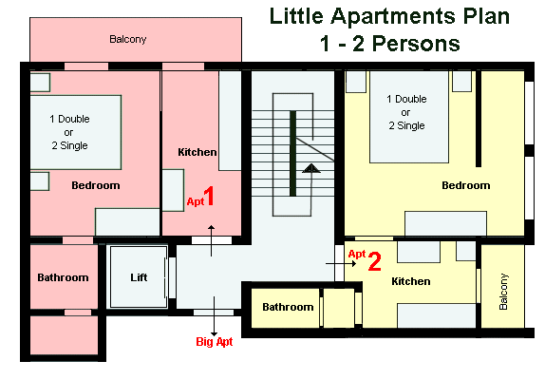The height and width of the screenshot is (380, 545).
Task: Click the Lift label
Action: coord(139,277)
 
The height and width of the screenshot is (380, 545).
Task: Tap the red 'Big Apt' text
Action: coord(215,341)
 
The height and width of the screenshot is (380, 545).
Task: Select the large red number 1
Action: coord(209,196)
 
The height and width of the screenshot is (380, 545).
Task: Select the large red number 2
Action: coord(375,261)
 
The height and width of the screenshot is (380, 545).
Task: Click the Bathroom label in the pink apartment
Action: coord(63,277)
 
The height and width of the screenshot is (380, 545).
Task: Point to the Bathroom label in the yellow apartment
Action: coord(288,307)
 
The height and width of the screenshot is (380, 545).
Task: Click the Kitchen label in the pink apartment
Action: coord(197,152)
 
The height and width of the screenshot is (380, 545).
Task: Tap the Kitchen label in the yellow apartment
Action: coord(411,281)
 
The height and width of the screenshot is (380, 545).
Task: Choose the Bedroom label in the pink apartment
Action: coord(96,185)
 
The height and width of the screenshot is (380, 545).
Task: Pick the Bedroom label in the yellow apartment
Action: coord(466,185)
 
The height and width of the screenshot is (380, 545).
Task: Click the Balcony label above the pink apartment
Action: coord(128,39)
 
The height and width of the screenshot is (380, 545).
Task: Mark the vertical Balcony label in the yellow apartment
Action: coord(503,292)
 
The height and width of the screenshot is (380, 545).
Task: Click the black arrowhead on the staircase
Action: coord(311,168)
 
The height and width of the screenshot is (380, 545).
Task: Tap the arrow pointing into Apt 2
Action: coord(341,263)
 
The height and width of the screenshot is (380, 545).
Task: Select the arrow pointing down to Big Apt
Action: coord(215,316)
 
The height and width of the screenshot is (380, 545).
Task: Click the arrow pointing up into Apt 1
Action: coord(212,240)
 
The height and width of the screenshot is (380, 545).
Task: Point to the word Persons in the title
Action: coord(417,44)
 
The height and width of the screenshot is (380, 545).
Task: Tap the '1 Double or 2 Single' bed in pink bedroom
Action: coord(76,132)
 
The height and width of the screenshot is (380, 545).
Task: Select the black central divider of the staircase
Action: coord(293,153)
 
